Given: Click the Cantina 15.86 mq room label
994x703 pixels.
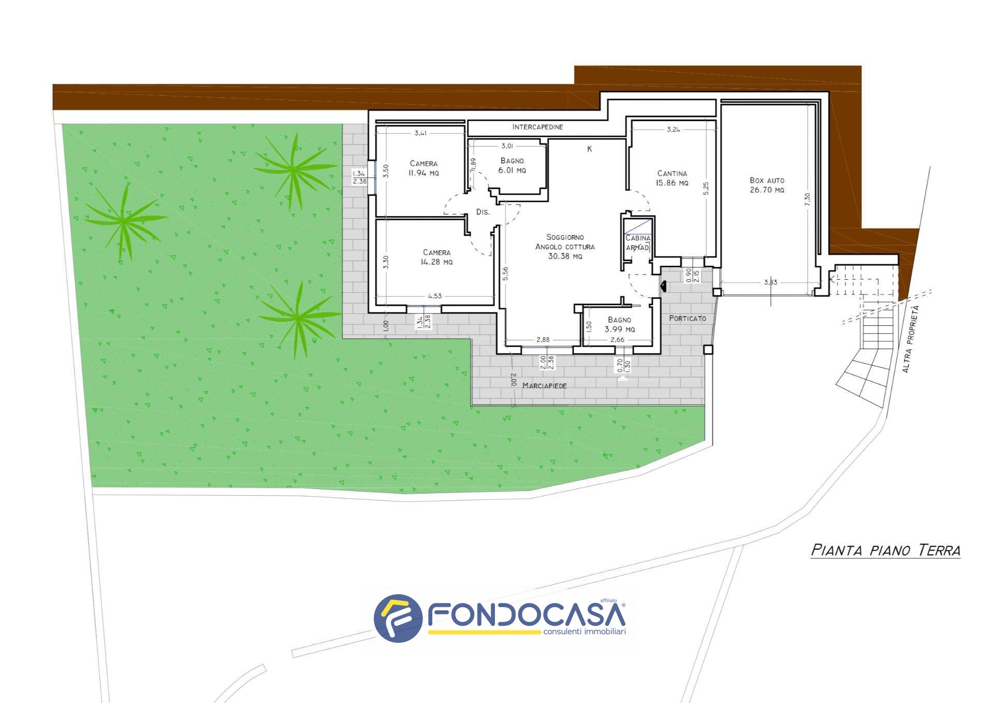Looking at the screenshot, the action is coord(673,178).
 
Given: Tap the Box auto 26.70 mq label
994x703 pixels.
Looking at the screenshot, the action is coord(767,185).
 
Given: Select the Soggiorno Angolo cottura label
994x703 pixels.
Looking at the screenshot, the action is coord(565,247).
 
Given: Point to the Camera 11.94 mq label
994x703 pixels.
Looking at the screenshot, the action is coord(423,168).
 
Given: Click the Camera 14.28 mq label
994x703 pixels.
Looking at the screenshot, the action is coord(437,257).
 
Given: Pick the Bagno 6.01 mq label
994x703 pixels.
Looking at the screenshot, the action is coord(512,165).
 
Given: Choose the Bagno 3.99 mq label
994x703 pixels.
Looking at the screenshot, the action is coord(620,324).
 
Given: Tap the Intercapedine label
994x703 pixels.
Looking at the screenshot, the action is coord(538,127).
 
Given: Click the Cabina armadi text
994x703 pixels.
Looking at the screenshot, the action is coord(638,243).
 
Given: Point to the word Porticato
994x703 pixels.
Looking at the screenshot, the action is coord(688,318).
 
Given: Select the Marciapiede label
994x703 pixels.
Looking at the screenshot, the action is coord(545,385).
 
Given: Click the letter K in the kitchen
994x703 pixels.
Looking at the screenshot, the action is coord(589,149).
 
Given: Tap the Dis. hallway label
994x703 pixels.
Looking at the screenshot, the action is coord(483,212).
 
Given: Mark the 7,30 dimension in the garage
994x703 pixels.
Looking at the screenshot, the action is coord(807,199).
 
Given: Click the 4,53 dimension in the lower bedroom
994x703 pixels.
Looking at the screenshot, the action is coord(435,296).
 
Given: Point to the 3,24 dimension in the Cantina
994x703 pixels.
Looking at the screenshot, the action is coord(674,130).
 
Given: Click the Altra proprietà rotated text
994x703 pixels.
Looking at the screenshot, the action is coord(909,339).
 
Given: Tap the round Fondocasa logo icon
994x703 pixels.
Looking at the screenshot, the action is coord(398,618).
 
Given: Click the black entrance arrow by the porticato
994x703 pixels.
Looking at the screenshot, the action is coord(663,285).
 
